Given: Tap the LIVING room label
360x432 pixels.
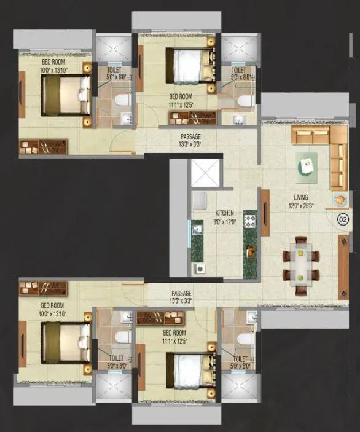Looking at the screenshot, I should point(300,198).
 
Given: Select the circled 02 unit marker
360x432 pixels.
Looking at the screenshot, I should point(343,218).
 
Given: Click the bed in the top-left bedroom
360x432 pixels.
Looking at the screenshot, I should point(63,98).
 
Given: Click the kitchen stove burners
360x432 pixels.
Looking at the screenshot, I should point(249,219).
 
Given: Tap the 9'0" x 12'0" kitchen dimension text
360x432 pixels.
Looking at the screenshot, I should point(224,220).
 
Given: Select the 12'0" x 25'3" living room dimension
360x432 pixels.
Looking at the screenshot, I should point(300,206).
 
